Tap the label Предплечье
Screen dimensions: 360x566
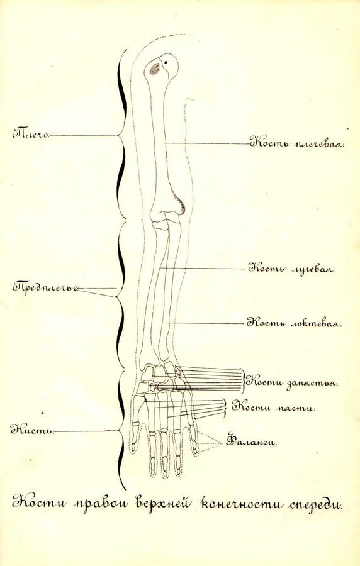pyautogui.click(x=45, y=287)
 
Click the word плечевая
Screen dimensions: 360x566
pyautogui.click(x=319, y=145)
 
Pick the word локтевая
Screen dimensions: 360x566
pyautogui.click(x=316, y=322)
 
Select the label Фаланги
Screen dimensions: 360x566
pyautogui.click(x=251, y=441)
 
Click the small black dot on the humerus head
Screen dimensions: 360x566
pyautogui.click(x=166, y=62)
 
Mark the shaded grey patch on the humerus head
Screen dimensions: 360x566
pyautogui.click(x=155, y=69)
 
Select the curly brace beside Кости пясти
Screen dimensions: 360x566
pyautogui.click(x=226, y=408)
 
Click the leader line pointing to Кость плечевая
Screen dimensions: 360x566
pyautogui.click(x=206, y=143)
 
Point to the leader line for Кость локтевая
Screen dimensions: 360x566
pyautogui.click(x=207, y=323)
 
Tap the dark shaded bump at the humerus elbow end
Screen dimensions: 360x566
pyautogui.click(x=181, y=204)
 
